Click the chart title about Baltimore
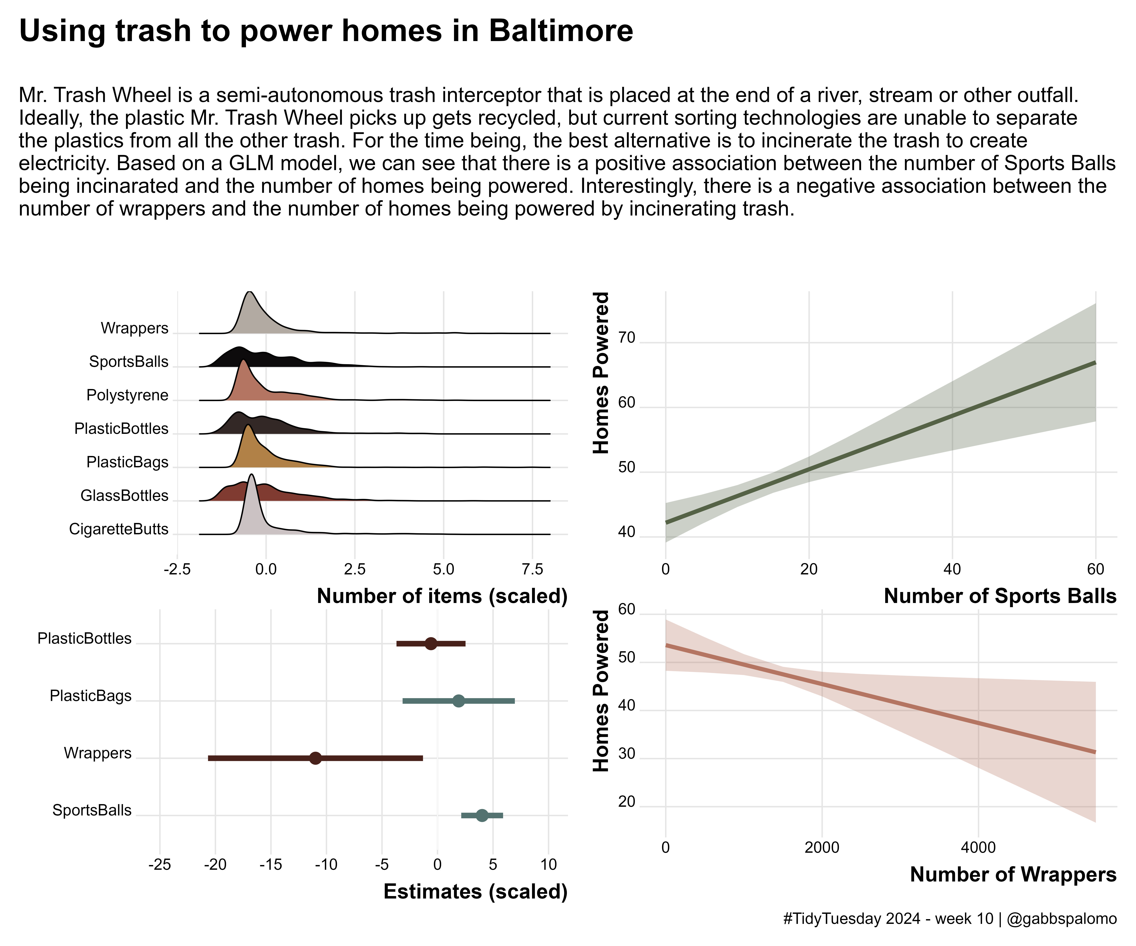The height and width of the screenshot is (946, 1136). (x=326, y=31)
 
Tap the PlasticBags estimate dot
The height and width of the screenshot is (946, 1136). (x=458, y=701)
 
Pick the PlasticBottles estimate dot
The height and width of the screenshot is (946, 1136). (x=431, y=644)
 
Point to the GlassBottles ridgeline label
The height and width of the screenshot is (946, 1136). (x=124, y=496)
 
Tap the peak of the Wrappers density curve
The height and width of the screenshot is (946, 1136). (x=249, y=292)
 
